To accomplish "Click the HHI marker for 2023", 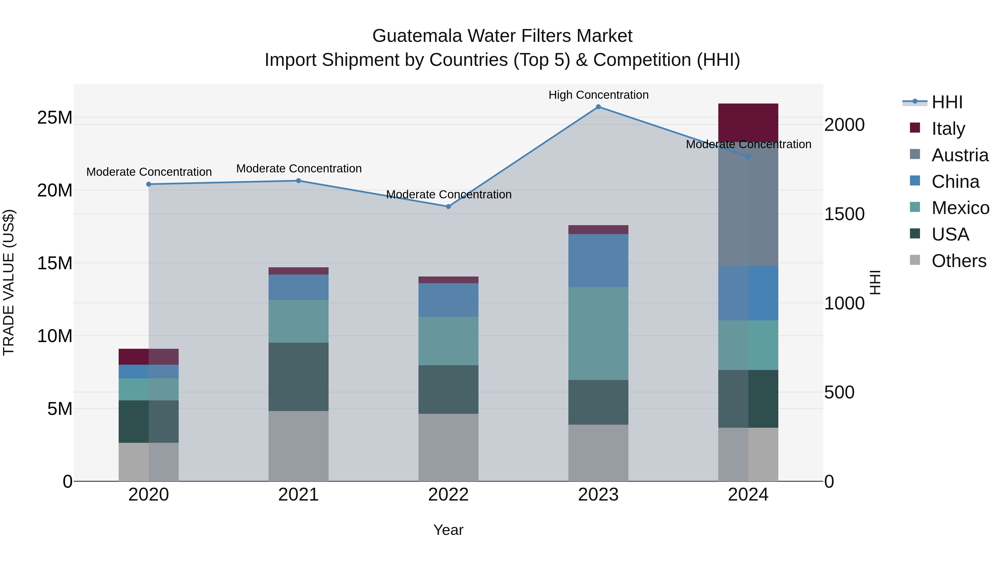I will point(598,107).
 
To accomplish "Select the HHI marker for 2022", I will point(448,207).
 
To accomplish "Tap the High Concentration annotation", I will point(598,95).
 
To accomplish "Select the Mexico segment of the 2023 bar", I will point(598,333).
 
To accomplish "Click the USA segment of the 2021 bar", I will point(298,377).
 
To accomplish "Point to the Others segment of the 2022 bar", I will point(448,447).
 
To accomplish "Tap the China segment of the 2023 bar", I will point(598,261).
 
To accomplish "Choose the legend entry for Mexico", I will point(960,208).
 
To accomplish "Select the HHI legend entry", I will point(947,102).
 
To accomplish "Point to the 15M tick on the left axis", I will point(55,263).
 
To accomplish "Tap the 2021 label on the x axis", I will point(298,495).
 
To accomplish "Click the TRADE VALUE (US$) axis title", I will point(9,282).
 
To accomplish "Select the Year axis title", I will point(448,530).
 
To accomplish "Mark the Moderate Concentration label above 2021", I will point(299,169).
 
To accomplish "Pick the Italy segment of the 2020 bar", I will point(148,356).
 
